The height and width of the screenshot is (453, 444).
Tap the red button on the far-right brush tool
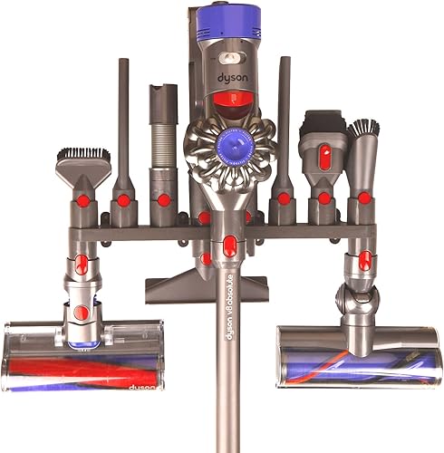pyautogui.click(x=363, y=197)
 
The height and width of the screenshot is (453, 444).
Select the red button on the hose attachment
pyautogui.click(x=163, y=198)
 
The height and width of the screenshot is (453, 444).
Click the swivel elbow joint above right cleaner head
pyautogui.click(x=352, y=294)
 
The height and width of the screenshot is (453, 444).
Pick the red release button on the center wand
pyautogui.click(x=229, y=245)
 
